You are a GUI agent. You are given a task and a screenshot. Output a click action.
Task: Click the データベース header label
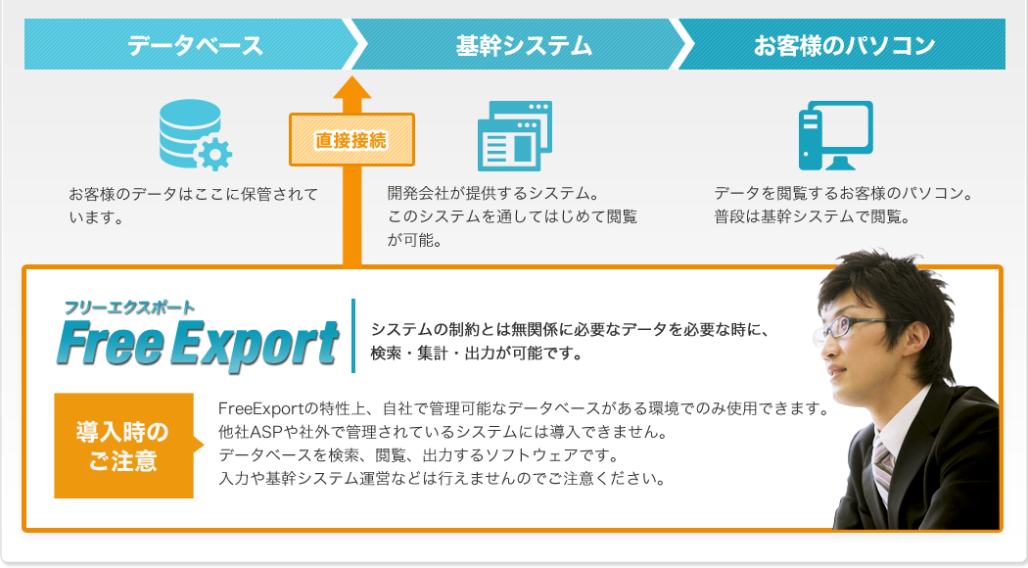(196, 45)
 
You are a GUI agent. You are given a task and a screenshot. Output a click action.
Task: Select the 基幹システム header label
(524, 45)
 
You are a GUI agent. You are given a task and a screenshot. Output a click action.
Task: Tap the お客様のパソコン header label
(844, 45)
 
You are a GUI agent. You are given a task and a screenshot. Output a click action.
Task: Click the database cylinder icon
(190, 131)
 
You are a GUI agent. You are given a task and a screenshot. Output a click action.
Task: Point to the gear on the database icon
(213, 155)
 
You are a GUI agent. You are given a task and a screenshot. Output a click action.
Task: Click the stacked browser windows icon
(515, 136)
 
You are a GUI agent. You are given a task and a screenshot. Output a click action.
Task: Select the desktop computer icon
(836, 136)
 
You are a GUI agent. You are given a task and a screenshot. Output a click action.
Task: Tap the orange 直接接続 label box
(352, 140)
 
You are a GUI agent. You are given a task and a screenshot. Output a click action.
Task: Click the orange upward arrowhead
(352, 88)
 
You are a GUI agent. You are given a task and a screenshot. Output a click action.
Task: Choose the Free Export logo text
(198, 344)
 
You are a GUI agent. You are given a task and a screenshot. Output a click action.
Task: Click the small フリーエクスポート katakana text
(129, 308)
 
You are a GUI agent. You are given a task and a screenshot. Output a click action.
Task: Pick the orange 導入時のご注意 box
(124, 446)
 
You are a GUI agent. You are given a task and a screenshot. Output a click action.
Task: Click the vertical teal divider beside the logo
(353, 336)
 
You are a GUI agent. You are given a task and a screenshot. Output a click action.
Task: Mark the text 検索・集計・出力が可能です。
(477, 354)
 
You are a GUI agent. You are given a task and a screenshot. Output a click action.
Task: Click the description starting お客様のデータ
(194, 206)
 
